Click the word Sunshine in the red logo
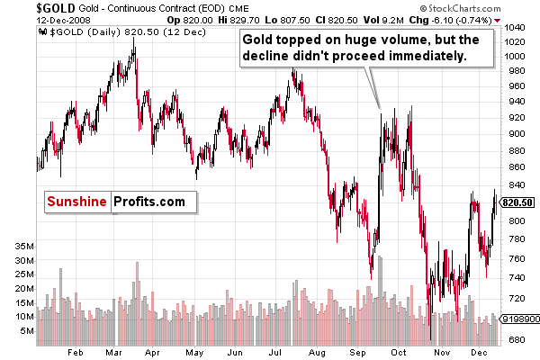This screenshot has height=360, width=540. click(x=76, y=201)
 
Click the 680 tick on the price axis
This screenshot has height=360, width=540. click(x=515, y=340)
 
